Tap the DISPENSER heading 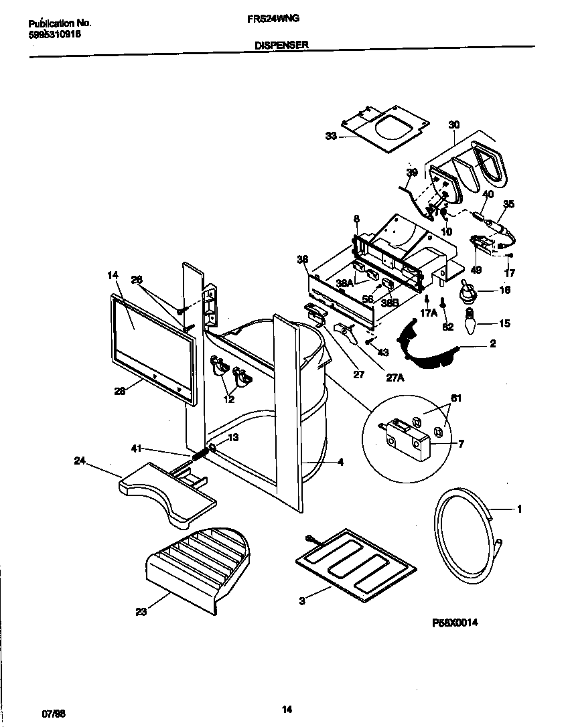[282, 45]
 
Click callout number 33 [331, 136]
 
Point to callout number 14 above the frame [112, 275]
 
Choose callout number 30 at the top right [454, 124]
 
